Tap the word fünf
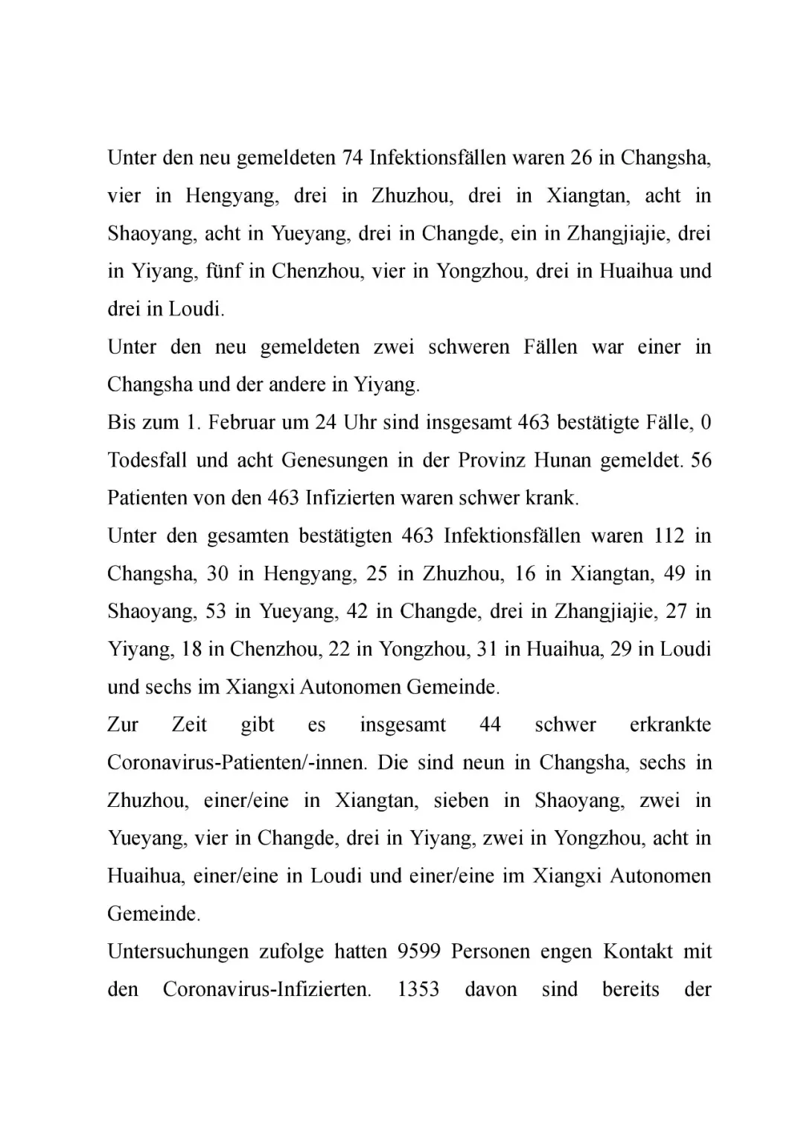(223, 271)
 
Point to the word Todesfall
(147, 461)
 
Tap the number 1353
(418, 990)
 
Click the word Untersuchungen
(178, 952)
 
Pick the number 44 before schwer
(490, 725)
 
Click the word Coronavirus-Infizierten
(267, 990)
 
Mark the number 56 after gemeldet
(701, 461)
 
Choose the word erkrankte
(670, 725)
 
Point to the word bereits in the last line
(631, 990)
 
